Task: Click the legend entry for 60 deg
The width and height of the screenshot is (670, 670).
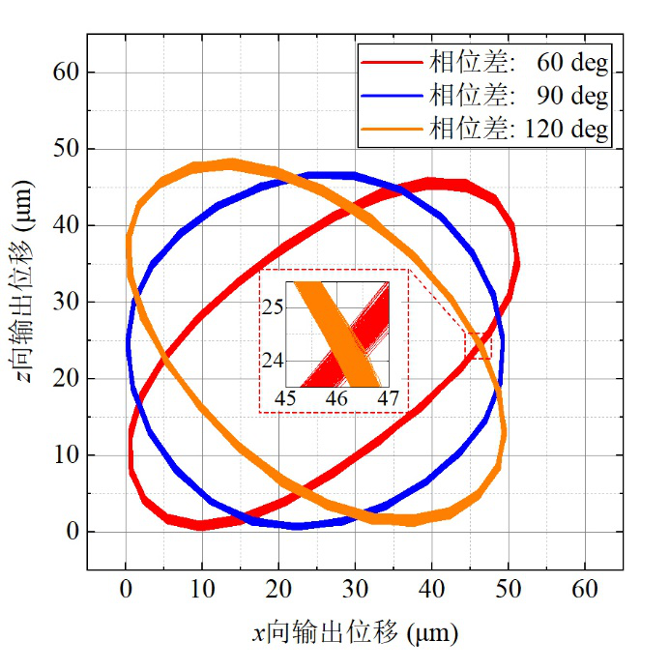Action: pyautogui.click(x=519, y=65)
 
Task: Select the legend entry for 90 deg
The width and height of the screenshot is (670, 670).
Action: pyautogui.click(x=519, y=96)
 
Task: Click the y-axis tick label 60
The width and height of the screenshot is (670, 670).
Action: pyautogui.click(x=67, y=73)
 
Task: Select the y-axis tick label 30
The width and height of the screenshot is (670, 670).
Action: pyautogui.click(x=67, y=302)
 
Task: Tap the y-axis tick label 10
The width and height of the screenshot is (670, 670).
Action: pyautogui.click(x=67, y=454)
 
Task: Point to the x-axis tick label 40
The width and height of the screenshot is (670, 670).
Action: pyautogui.click(x=432, y=589)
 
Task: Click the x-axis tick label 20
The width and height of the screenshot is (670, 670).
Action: pyautogui.click(x=278, y=589)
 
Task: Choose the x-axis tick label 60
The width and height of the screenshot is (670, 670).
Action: pyautogui.click(x=585, y=589)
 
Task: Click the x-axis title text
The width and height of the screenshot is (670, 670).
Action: pyautogui.click(x=355, y=633)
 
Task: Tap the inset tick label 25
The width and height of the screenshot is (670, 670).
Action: pyautogui.click(x=277, y=307)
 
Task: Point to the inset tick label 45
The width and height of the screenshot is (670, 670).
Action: pyautogui.click(x=286, y=397)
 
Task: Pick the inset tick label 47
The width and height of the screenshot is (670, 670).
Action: pyautogui.click(x=388, y=397)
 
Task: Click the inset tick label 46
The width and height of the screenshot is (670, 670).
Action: pyautogui.click(x=336, y=397)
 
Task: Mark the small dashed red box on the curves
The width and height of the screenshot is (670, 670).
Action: pyautogui.click(x=478, y=345)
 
